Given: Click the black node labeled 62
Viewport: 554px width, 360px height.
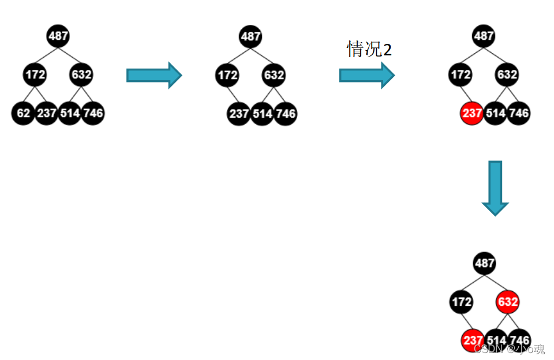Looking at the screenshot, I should click(x=23, y=113).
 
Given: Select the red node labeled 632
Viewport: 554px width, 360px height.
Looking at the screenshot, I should click(x=508, y=302).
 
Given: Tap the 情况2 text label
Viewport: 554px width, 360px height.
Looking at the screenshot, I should click(x=369, y=50).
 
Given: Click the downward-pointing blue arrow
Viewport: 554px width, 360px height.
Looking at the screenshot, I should click(x=495, y=188).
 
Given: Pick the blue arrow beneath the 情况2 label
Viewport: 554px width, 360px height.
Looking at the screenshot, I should click(x=367, y=75).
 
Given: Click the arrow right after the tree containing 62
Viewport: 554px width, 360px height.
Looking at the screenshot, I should click(x=154, y=75).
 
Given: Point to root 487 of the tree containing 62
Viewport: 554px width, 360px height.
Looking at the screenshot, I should click(x=58, y=36).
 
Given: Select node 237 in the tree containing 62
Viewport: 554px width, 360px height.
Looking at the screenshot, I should click(x=46, y=113).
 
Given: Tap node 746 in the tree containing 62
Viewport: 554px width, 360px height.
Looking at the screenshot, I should click(x=93, y=113).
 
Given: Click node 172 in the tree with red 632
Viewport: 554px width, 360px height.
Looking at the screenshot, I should click(x=461, y=302).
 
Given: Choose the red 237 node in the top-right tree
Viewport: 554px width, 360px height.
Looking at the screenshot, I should click(x=471, y=113).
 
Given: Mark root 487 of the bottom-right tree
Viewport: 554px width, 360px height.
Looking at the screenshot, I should click(x=484, y=264).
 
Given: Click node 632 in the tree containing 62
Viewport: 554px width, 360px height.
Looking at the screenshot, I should click(x=81, y=74).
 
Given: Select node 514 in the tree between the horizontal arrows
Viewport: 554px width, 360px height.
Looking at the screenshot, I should click(x=262, y=114).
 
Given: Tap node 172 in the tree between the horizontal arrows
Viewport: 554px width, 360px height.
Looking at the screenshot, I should click(x=227, y=75).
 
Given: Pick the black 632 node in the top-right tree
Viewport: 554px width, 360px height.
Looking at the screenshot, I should click(x=507, y=74).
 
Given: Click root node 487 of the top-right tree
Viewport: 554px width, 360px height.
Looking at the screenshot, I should click(x=484, y=36).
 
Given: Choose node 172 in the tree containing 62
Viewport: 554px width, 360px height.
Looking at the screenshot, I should click(x=35, y=74).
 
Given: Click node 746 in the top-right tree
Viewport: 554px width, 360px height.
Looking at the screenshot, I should click(x=519, y=113).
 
